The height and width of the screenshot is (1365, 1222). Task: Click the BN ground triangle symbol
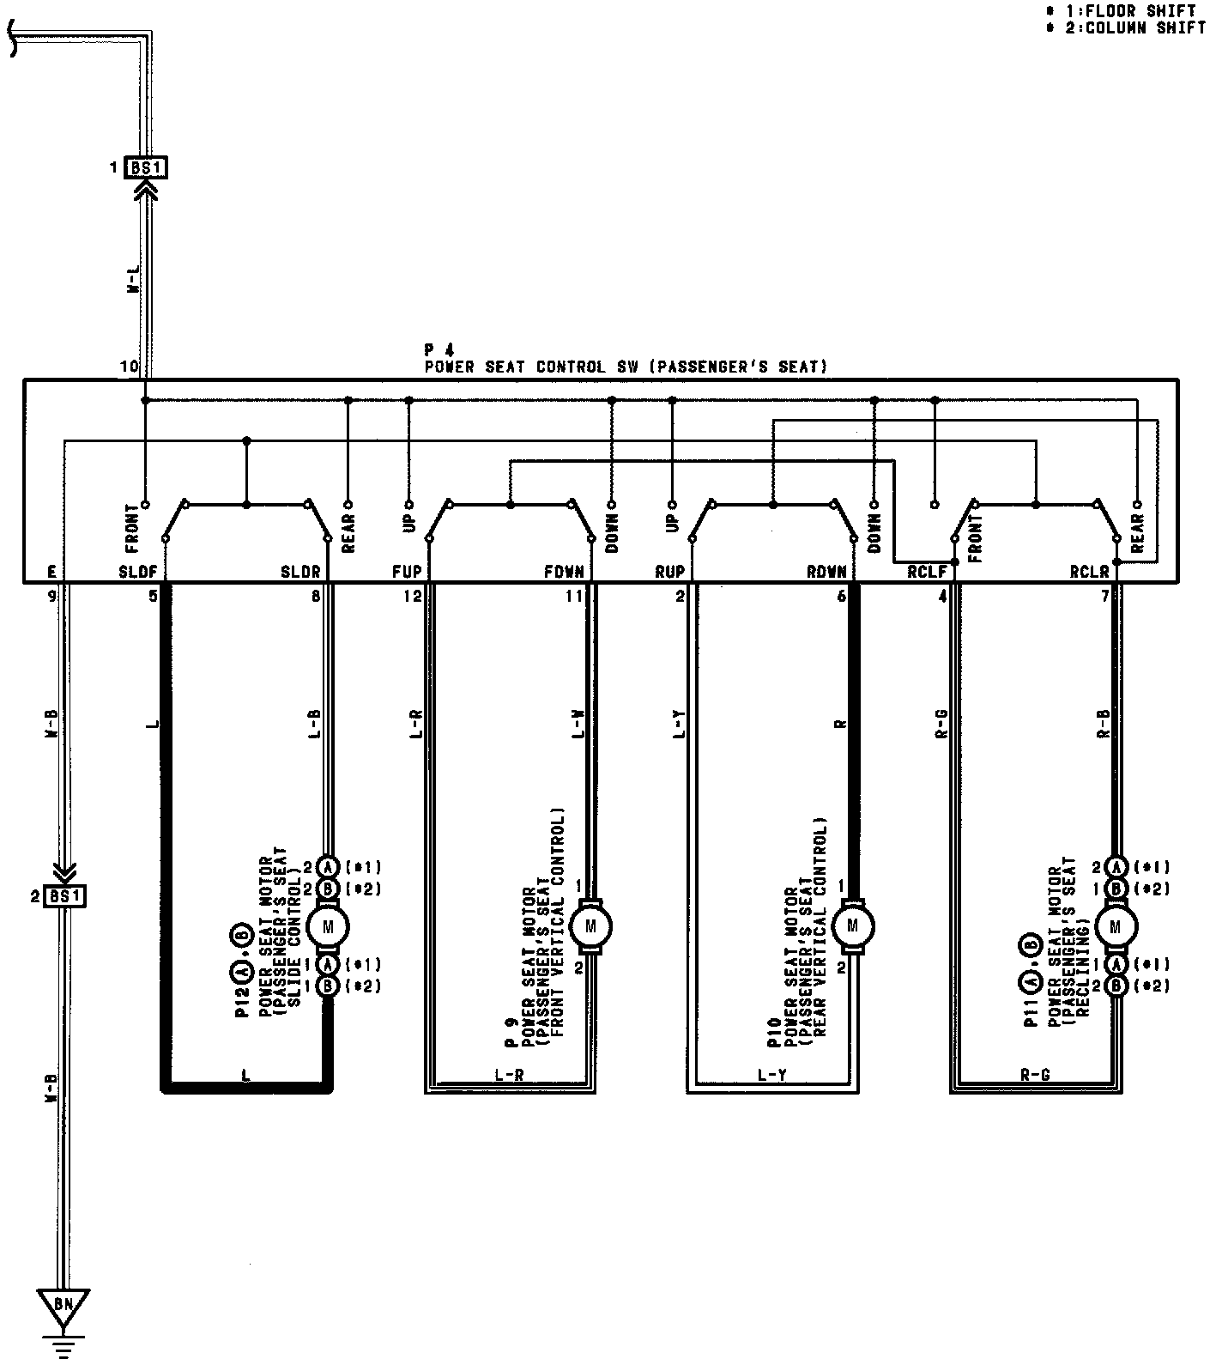coord(64,1306)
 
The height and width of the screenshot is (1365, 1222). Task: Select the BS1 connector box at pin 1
coord(146,167)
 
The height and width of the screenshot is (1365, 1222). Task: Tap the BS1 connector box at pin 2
coord(65,897)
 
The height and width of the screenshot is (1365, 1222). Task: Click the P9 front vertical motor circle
coord(590,925)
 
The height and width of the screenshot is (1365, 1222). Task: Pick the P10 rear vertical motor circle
coord(851,925)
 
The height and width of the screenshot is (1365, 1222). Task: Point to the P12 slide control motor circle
coord(327,925)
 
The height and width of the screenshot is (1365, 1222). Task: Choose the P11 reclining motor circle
coord(1115,925)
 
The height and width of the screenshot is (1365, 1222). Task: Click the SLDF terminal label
coord(137,572)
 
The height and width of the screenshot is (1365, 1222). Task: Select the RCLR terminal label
coord(1089,572)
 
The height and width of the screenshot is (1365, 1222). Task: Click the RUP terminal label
coord(670,572)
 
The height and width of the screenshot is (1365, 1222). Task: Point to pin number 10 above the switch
coord(129,367)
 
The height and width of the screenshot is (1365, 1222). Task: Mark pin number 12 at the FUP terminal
coord(413,597)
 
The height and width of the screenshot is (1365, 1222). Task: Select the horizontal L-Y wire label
coord(772,1074)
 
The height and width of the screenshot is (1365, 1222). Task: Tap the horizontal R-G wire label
coord(1035,1074)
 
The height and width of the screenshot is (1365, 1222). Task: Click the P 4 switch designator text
coord(439,350)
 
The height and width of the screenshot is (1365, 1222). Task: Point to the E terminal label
coord(52,572)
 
